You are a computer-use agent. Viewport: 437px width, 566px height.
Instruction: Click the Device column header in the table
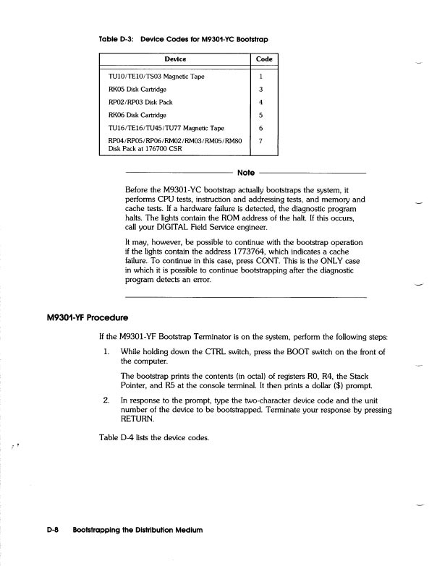[x=176, y=59]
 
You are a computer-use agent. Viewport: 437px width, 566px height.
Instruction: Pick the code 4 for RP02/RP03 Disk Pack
[x=260, y=102]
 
